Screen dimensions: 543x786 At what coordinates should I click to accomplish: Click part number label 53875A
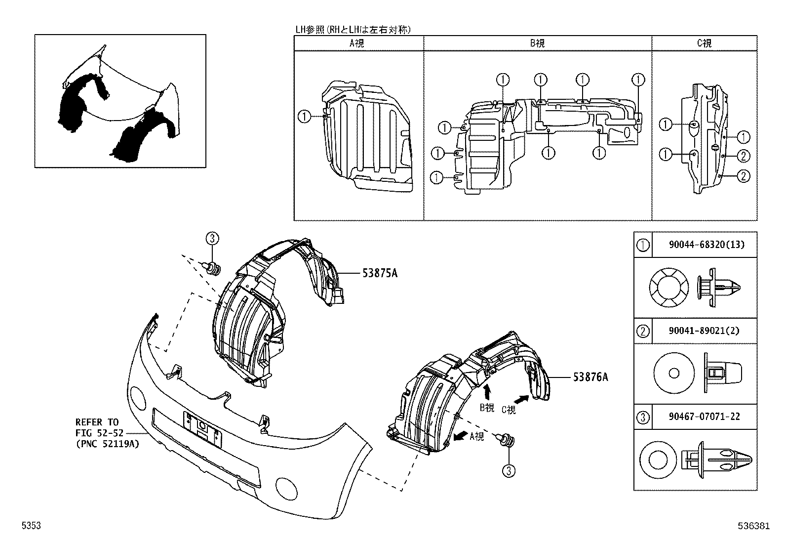[x=380, y=273]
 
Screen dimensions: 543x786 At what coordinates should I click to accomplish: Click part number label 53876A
[x=590, y=377]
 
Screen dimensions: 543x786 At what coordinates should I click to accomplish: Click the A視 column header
[x=357, y=43]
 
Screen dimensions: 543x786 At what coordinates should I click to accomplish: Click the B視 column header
[x=537, y=43]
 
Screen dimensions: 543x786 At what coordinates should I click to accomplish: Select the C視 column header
[x=704, y=43]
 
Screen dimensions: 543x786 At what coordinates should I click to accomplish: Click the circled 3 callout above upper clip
[x=212, y=239]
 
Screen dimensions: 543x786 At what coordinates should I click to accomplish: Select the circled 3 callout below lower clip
[x=509, y=471]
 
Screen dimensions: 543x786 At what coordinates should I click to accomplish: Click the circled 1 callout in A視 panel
[x=304, y=117]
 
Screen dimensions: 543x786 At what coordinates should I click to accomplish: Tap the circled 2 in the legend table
[x=643, y=331]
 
